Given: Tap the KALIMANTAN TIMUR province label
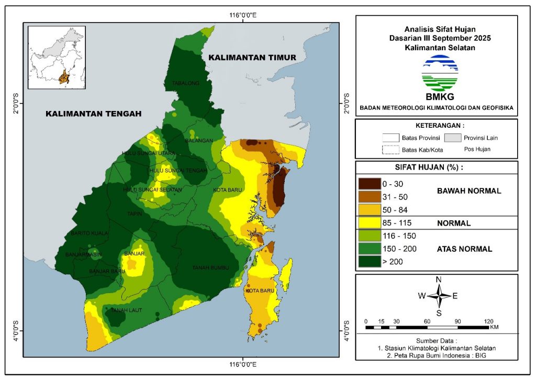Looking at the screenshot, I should click(252, 57).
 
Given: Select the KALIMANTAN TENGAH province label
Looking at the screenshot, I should click(94, 114).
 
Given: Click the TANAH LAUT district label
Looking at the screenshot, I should click(123, 310).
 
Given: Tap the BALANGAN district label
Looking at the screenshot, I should click(199, 141).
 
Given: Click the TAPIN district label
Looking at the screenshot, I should click(133, 214).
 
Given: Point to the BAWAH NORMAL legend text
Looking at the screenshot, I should click(469, 191).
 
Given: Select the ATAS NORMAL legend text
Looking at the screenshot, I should click(464, 249).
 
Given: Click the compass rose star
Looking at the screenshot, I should click(439, 296).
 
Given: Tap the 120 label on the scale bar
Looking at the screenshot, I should click(489, 321).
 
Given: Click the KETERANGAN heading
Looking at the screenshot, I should click(440, 126).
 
